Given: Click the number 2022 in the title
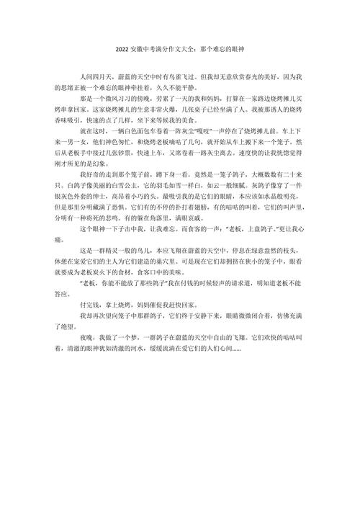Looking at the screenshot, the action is [x=121, y=50].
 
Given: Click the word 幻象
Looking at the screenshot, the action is [x=123, y=164].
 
